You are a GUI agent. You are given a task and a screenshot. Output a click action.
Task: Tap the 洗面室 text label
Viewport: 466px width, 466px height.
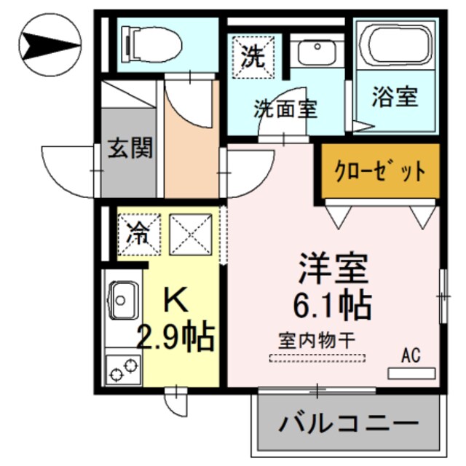(x=285, y=109)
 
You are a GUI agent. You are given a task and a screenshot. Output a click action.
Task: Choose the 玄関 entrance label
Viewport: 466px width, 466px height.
(x=131, y=150)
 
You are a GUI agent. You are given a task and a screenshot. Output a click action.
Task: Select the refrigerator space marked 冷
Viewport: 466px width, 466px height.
(x=137, y=235)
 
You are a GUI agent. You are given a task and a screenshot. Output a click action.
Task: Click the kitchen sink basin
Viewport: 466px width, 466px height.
(x=124, y=298)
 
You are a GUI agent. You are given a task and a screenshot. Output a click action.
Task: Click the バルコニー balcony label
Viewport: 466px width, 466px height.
(x=349, y=423)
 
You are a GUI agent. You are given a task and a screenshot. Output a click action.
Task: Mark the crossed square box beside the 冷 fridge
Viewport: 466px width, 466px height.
(x=190, y=234)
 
